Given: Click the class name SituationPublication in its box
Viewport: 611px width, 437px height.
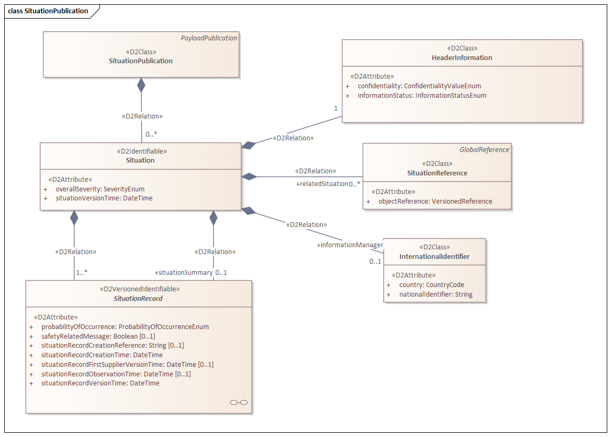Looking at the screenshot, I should coord(141,61).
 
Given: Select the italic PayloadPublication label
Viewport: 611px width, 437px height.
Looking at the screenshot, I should coord(209,38).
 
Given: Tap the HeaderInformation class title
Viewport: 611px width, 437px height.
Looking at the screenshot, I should coord(462,57).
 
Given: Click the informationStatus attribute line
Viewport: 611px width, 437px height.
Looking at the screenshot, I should coord(422,96).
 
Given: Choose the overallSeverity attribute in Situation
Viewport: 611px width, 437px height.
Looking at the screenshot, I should coord(100,189).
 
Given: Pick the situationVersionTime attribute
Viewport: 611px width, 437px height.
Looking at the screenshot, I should coord(104,198).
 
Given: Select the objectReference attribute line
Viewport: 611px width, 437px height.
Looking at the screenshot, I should coord(435,201).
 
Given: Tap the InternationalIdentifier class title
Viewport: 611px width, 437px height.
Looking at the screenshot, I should coord(434,257).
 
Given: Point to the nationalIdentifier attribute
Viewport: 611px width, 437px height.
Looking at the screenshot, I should coord(436,294).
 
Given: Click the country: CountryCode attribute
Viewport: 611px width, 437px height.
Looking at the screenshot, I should coord(431,284).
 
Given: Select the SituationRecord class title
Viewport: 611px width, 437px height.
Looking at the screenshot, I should coord(138,298).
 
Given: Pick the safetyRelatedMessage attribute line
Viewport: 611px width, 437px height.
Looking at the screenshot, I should coord(98,336).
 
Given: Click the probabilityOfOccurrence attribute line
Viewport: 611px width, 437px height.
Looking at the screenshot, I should coord(125,326).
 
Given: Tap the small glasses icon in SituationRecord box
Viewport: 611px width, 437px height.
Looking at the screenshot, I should coord(239,402).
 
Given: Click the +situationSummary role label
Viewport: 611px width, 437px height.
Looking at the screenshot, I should coord(183,273).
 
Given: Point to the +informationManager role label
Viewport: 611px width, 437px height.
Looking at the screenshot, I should coord(350,245).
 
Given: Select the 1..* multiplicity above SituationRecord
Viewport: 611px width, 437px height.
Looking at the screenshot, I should coord(81,272).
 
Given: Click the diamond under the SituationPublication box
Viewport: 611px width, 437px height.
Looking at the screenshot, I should coord(141,85).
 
